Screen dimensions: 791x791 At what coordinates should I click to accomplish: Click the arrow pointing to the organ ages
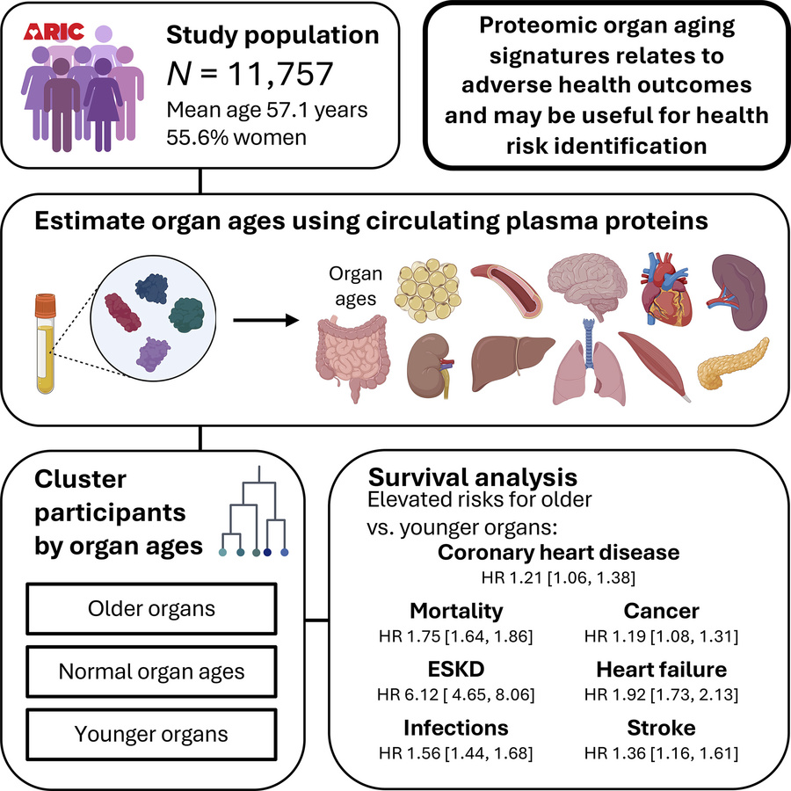coord(263,320)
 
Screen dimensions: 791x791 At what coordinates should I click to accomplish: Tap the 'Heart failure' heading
coord(661,670)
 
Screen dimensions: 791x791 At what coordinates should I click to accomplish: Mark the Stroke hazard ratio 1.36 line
coord(661,753)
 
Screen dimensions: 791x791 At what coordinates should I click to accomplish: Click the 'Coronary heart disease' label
coord(558,552)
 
